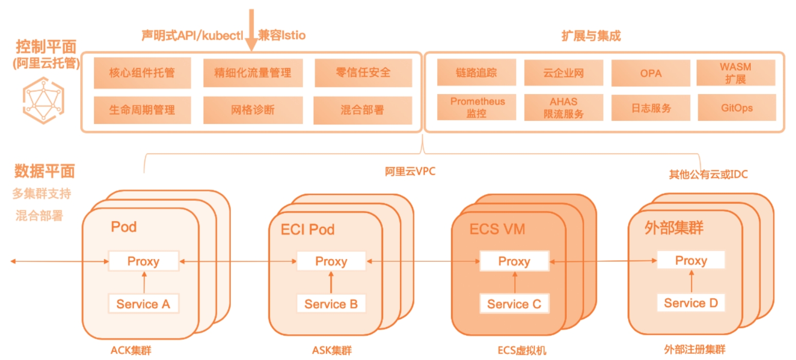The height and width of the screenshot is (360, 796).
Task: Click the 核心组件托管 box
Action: coord(142,73)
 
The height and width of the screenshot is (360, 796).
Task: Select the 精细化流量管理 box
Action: coord(252,73)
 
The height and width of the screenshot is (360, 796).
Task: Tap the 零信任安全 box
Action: coord(363,73)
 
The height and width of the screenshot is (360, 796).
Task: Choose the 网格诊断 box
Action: coord(252,110)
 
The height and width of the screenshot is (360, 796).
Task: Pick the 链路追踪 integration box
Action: coord(476,73)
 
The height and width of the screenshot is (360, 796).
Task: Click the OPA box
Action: coord(651,73)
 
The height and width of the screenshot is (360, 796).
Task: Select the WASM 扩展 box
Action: coord(736,73)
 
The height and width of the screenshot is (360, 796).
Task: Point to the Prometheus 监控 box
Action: coord(477,107)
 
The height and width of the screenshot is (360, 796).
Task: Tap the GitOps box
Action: coord(736,107)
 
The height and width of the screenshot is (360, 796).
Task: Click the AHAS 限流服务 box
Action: coord(564,107)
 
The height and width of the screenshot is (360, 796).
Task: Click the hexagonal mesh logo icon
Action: coord(43,100)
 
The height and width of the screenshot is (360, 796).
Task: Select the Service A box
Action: coord(143,304)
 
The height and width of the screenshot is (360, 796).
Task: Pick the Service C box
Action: coord(514,304)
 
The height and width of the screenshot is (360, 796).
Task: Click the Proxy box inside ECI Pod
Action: coord(331,261)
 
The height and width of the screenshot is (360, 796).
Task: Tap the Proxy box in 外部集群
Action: coord(691,261)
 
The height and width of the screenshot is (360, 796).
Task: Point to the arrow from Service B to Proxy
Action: coord(331,282)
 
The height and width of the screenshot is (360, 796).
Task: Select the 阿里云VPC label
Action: coord(410,172)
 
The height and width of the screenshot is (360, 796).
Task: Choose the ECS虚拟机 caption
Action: coord(521,351)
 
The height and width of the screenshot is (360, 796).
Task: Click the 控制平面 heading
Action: coord(46,48)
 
